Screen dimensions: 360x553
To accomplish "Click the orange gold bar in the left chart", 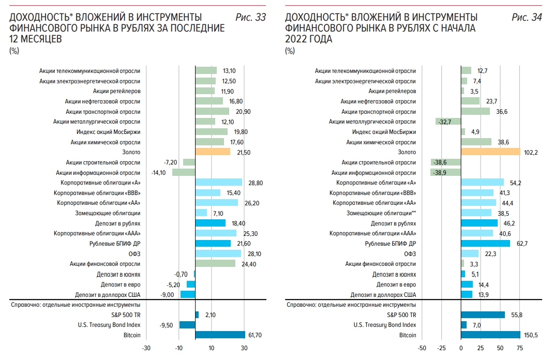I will [213, 152].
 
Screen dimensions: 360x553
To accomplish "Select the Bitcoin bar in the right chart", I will [490, 335].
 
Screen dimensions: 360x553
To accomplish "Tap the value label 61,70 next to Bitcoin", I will [256, 335].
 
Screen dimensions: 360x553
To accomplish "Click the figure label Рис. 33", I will [251, 18].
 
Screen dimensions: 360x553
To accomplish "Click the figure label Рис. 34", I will [527, 18].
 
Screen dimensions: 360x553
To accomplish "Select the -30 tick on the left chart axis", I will [146, 349].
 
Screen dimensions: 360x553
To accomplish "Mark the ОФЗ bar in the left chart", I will [218, 253].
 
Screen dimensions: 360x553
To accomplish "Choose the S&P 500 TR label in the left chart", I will [126, 314].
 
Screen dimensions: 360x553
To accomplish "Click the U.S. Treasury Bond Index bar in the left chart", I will [187, 325].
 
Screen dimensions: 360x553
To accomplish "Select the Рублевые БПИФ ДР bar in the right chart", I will [485, 244].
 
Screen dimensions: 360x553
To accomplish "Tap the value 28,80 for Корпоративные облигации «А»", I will [254, 183].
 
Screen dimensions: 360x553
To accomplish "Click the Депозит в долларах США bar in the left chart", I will [188, 294].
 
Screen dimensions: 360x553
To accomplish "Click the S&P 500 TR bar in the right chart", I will [483, 314].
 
